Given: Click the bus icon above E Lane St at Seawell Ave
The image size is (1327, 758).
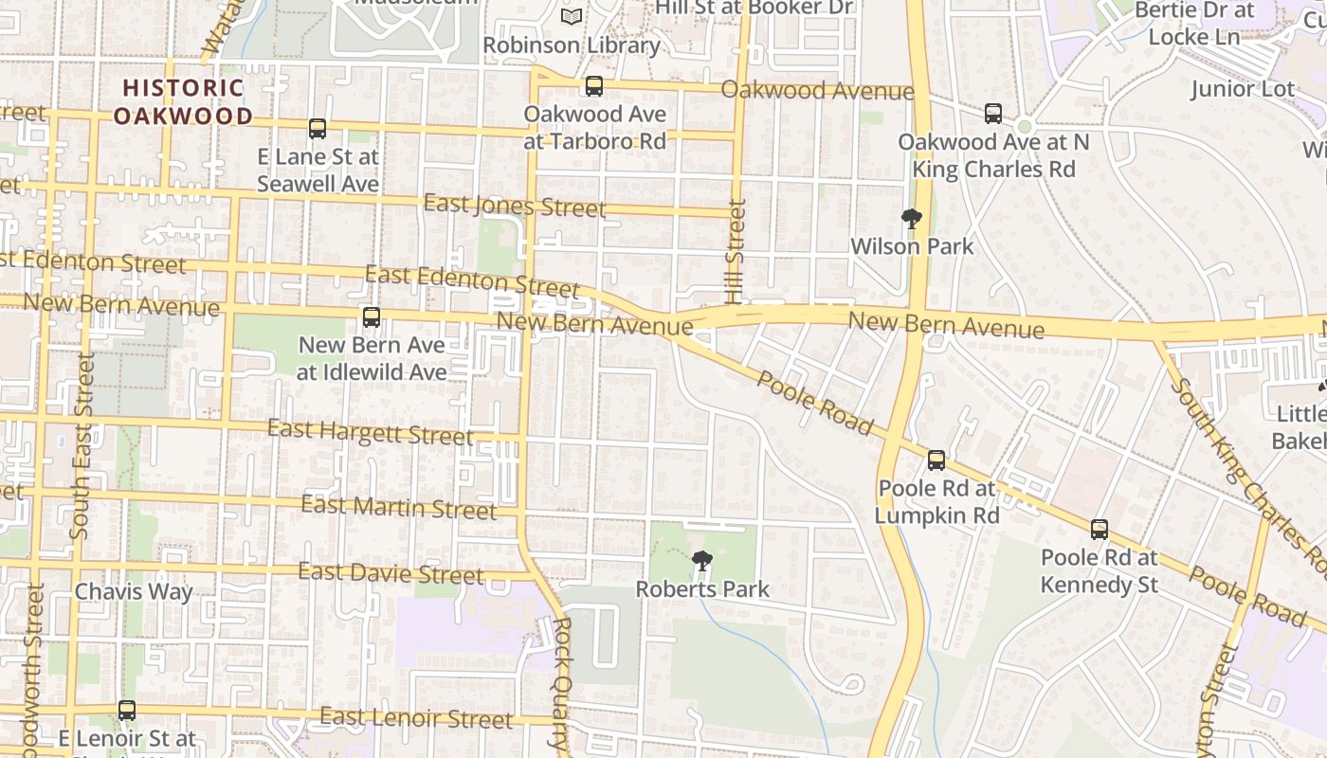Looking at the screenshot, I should pyautogui.click(x=318, y=129).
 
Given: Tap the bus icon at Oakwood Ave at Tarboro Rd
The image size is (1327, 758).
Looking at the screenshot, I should pyautogui.click(x=594, y=86).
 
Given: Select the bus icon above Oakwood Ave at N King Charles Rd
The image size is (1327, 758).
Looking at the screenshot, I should pyautogui.click(x=992, y=114).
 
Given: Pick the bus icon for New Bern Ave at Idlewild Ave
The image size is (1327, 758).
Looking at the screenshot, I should pyautogui.click(x=372, y=317).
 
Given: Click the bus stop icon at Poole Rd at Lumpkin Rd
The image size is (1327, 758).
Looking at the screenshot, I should pyautogui.click(x=936, y=460).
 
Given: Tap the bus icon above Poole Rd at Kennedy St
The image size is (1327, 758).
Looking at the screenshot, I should pyautogui.click(x=1100, y=530).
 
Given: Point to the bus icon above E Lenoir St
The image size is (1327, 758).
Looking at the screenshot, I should pyautogui.click(x=127, y=710).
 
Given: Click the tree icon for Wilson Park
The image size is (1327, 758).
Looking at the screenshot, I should pyautogui.click(x=912, y=220).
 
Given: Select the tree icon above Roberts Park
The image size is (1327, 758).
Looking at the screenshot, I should pyautogui.click(x=702, y=561).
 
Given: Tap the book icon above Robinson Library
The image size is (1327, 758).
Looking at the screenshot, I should pyautogui.click(x=572, y=17).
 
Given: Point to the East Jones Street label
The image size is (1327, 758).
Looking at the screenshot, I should pyautogui.click(x=514, y=206).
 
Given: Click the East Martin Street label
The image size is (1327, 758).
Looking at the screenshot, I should pyautogui.click(x=398, y=507).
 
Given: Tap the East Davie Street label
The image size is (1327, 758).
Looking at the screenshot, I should pyautogui.click(x=391, y=573).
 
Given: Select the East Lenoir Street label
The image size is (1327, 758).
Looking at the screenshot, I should pyautogui.click(x=416, y=718).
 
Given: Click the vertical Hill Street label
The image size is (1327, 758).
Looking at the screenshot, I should pyautogui.click(x=736, y=251).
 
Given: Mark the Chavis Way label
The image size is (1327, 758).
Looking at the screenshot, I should pyautogui.click(x=134, y=592).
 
